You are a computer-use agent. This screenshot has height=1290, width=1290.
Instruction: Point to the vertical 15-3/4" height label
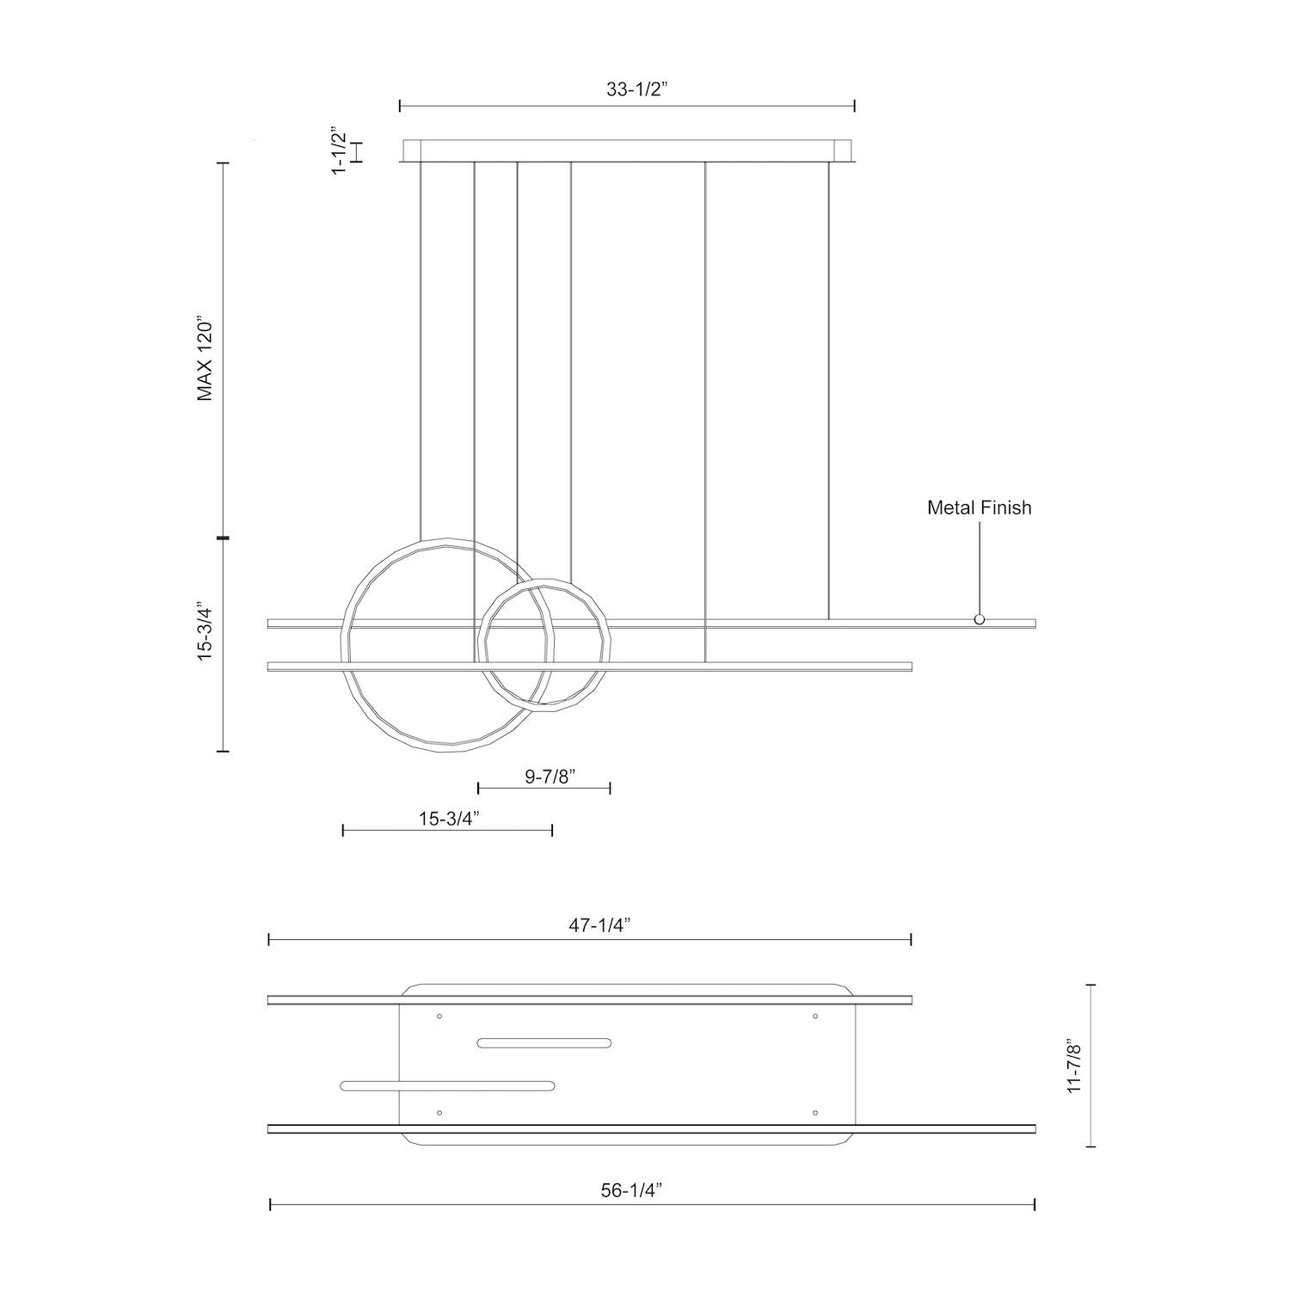(205, 630)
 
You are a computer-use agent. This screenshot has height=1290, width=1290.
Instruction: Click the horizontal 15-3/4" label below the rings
(448, 818)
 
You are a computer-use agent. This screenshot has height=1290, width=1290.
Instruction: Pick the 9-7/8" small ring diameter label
(544, 776)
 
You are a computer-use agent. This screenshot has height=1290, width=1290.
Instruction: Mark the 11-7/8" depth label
(1072, 1066)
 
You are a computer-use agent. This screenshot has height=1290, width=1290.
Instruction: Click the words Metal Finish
(979, 507)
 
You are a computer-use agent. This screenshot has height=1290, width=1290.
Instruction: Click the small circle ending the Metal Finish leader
(979, 619)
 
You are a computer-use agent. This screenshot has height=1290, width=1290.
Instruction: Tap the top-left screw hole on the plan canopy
(439, 1017)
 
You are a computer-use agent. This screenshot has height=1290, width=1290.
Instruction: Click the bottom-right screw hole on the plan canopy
(814, 1113)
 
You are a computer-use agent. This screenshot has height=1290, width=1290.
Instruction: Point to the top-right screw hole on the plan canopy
(814, 1017)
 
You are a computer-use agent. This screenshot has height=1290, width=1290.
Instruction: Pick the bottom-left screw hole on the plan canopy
(439, 1113)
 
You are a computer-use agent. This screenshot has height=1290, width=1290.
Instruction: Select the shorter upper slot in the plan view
(544, 1043)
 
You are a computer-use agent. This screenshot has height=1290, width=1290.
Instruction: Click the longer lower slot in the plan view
(447, 1086)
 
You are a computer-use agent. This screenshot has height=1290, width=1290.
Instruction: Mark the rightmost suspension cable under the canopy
(828, 387)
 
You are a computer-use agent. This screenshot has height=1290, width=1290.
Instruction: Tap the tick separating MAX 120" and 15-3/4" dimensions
(224, 538)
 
